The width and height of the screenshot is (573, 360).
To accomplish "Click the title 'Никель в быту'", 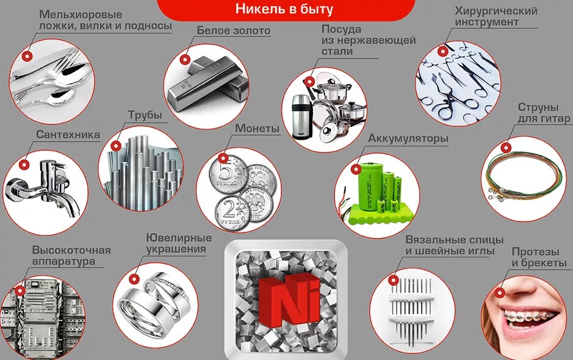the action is (284, 9).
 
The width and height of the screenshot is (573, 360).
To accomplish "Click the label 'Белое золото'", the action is (234, 31).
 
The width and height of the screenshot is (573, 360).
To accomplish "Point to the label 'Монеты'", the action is (258, 128).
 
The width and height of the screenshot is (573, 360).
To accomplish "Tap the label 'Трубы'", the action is (145, 115).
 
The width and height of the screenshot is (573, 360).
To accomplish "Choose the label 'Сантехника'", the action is (68, 134).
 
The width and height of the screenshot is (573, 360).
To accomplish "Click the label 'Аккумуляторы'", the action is (408, 139).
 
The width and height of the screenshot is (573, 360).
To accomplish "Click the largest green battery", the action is (371, 186).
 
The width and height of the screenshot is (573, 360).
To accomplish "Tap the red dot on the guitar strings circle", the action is (506, 148).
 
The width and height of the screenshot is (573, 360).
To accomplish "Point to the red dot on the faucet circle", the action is (24, 165).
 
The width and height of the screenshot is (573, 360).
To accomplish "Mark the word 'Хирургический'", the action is (496, 10).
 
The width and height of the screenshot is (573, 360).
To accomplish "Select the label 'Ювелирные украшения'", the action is (179, 243).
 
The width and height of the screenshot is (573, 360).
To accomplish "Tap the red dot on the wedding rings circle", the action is (134, 279).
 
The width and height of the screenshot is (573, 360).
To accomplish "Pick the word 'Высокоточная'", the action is (71, 250).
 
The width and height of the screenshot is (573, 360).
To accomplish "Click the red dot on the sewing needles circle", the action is (394, 280).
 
